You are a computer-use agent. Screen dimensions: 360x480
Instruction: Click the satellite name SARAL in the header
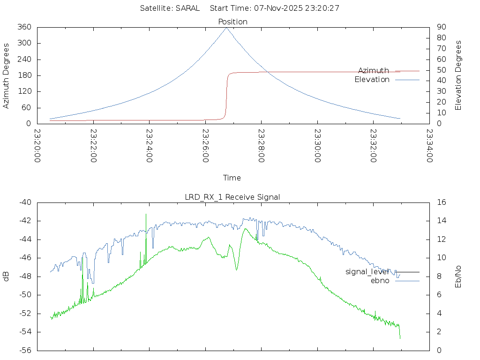tap(187, 8)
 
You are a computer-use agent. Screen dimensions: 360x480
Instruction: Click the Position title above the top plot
tap(232, 22)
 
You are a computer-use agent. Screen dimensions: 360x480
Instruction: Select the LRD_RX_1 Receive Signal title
tap(232, 197)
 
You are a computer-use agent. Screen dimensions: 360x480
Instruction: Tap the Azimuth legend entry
tap(374, 70)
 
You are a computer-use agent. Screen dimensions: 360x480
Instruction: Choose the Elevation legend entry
tap(372, 80)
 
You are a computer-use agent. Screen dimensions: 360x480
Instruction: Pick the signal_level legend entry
tap(367, 271)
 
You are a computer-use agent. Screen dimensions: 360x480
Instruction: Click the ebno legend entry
tap(380, 280)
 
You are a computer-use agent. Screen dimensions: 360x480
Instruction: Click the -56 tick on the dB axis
tap(24, 350)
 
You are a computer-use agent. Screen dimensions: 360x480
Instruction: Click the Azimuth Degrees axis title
tap(7, 75)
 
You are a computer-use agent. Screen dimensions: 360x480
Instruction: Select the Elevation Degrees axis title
tap(458, 75)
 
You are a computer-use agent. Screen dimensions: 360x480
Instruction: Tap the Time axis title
tap(232, 178)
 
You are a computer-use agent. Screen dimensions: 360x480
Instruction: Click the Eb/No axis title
tap(458, 276)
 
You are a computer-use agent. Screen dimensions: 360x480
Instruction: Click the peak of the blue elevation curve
tap(226, 28)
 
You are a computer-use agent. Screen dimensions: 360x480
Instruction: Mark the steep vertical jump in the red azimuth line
tap(227, 96)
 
